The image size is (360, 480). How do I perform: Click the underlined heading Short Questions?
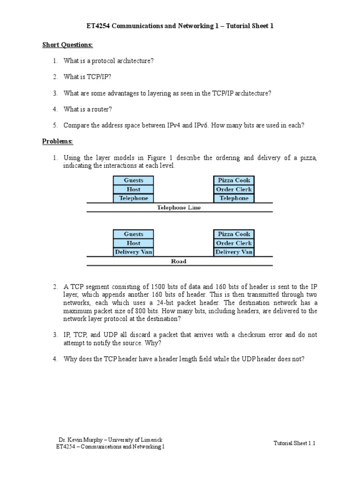click(x=67, y=45)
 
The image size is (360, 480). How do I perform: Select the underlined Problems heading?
click(x=58, y=141)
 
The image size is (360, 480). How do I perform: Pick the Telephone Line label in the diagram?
click(x=179, y=208)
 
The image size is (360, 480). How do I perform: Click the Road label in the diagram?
click(x=179, y=262)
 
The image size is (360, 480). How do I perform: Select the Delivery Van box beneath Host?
click(x=134, y=252)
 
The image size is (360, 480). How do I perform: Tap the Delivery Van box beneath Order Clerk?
click(x=234, y=252)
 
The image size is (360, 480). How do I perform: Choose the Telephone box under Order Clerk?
click(x=234, y=198)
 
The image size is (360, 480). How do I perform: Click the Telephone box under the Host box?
click(x=134, y=198)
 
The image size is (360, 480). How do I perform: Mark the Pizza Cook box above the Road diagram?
click(x=234, y=234)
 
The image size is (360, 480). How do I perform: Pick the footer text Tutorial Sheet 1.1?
click(x=294, y=443)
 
